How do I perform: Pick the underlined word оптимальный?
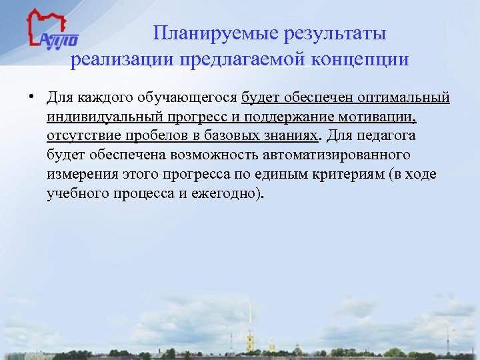coord(403,99)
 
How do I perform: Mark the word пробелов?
coord(161,137)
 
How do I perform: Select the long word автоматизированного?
coord(337,155)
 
